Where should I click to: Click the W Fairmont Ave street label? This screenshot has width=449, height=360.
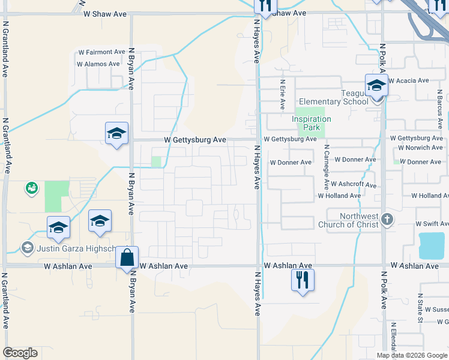point(101,52)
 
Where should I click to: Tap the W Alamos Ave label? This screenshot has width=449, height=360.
point(98,64)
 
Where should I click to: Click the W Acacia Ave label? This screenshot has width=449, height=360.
point(409,80)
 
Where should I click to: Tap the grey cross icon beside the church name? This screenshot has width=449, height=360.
point(387,220)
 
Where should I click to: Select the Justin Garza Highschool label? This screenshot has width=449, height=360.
point(76,248)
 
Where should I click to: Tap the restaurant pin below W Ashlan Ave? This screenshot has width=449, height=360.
point(303,280)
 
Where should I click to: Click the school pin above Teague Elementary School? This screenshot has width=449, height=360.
point(376,86)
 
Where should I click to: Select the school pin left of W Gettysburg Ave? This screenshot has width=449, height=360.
point(116,134)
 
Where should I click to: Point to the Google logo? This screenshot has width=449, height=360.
point(20,353)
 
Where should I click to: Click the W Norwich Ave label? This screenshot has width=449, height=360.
point(424,148)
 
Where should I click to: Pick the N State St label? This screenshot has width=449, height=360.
point(421,308)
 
